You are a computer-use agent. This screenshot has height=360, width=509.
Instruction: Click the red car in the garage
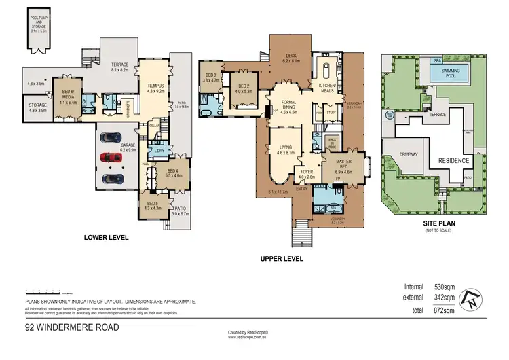113,158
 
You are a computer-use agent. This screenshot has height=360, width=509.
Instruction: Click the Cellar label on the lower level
155,125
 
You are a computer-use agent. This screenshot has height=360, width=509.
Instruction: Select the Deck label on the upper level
290,58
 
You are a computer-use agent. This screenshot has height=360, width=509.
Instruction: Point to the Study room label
332,113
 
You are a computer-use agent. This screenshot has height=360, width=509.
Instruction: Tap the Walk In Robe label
333,142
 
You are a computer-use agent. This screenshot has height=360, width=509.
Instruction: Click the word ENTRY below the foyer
301,189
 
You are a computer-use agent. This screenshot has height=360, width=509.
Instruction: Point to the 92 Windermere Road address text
72,327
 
